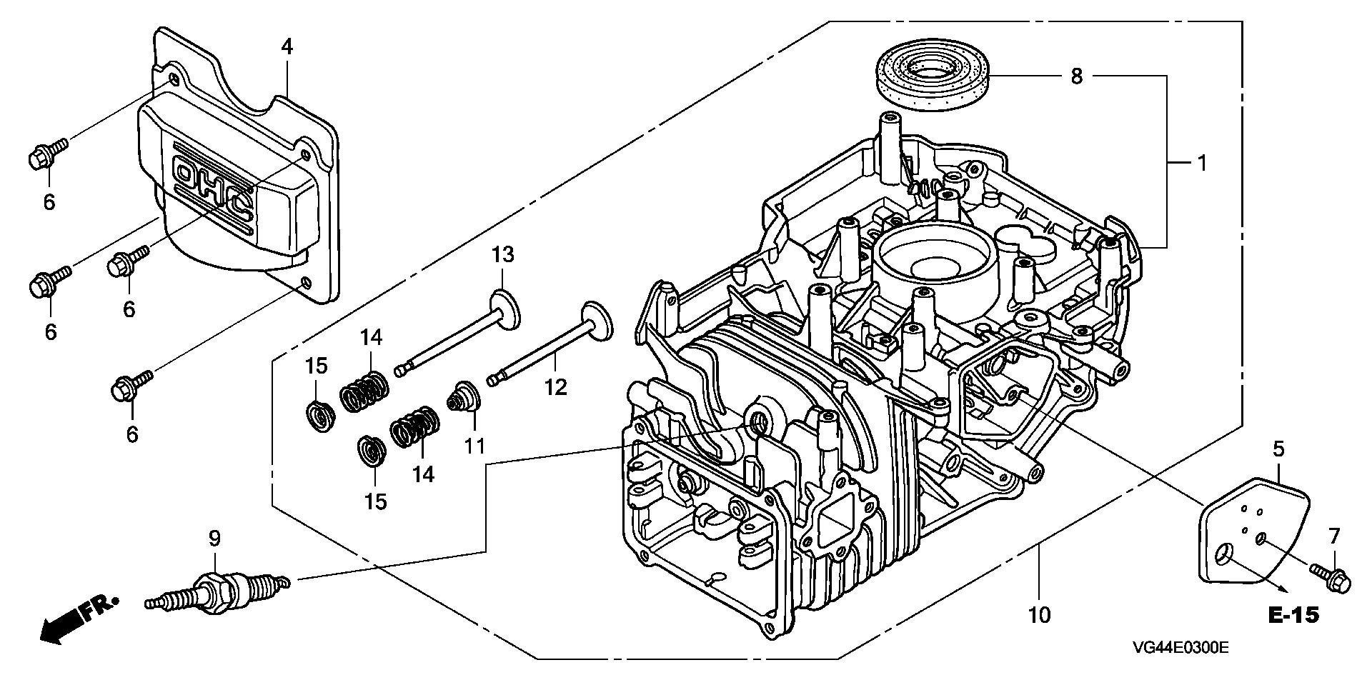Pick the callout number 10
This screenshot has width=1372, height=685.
[1040, 614]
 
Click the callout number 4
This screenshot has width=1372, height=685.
[287, 47]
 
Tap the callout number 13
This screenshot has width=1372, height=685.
[502, 254]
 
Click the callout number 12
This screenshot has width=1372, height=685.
[555, 387]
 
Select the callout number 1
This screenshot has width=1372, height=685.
[1202, 164]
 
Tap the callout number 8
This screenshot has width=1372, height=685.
[1077, 76]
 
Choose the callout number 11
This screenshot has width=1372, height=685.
[474, 446]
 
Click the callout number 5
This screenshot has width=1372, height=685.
[1278, 449]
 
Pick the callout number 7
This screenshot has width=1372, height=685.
[1333, 536]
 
